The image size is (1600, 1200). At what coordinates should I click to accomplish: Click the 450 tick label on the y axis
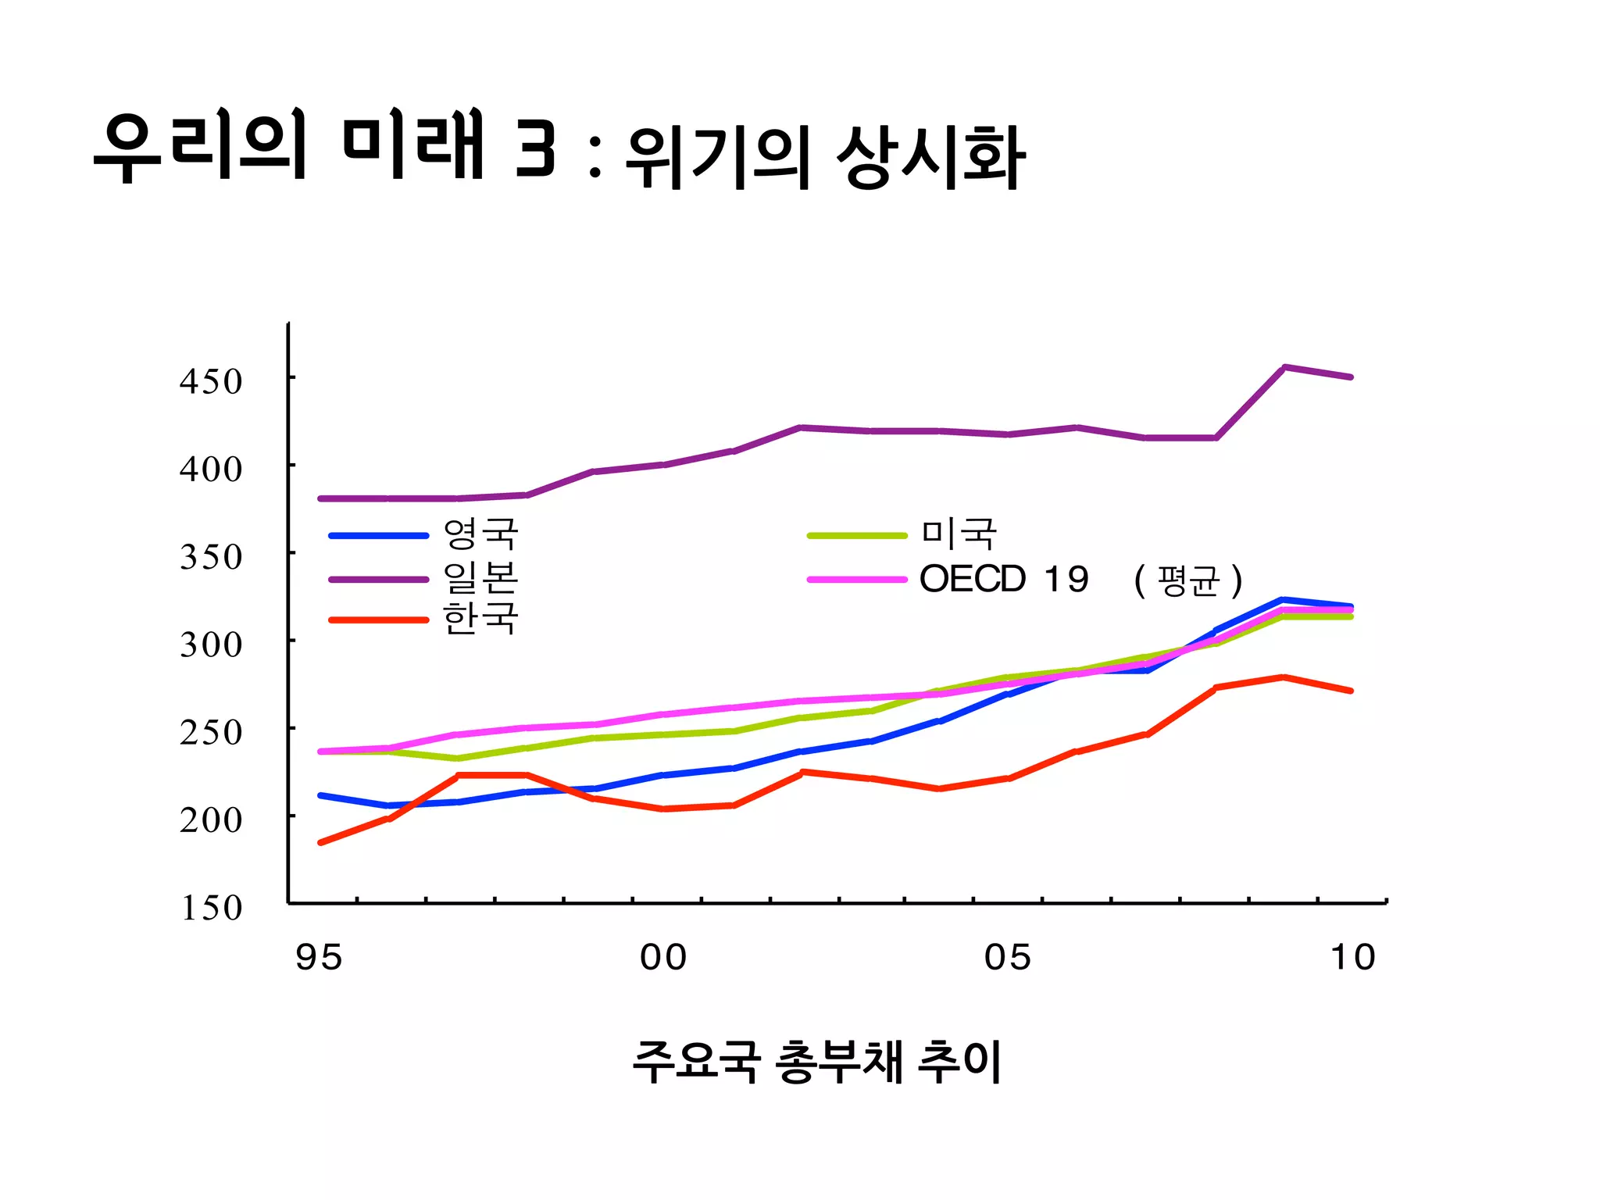211,382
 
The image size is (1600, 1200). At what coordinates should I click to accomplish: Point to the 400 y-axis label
211,470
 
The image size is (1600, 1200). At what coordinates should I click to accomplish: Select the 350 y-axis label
211,558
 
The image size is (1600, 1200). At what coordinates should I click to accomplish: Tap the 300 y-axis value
211,645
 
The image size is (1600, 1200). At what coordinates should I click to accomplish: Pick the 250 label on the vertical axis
211,733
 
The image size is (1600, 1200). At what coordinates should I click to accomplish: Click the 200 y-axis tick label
211,820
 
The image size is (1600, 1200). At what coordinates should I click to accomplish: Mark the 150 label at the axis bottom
211,908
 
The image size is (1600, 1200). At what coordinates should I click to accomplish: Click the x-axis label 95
319,958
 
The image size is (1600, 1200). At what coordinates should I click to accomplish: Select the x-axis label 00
663,958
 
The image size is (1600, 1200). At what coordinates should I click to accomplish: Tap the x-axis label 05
1008,958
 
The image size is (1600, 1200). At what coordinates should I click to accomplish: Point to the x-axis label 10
1353,958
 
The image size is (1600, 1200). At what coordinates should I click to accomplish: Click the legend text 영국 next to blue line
480,534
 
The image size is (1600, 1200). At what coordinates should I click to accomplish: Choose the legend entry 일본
480,578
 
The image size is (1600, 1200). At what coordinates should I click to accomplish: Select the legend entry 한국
480,619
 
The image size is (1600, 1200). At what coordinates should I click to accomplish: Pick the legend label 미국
959,534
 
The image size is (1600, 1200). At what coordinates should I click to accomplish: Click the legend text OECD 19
1004,580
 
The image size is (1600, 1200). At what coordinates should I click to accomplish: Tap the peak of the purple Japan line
1284,367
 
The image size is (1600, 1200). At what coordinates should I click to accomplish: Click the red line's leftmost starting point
321,842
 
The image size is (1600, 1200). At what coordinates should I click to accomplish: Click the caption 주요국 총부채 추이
817,1062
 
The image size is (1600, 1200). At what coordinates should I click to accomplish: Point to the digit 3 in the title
536,148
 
